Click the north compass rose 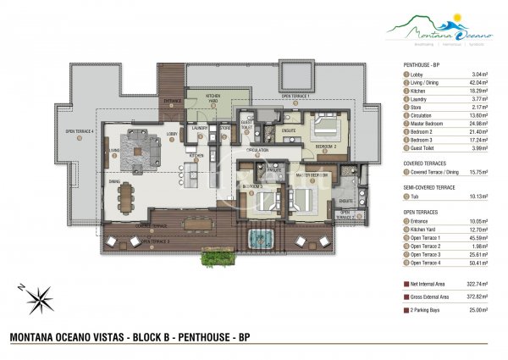39,298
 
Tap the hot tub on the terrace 258,238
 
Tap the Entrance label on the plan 172,101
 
